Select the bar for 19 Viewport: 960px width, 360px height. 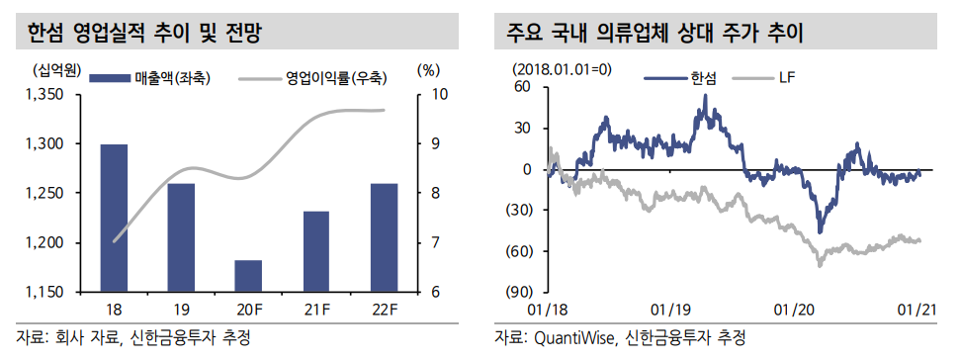[x=182, y=237]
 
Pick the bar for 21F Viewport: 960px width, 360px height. [x=315, y=251]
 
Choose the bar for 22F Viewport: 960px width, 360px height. [x=383, y=237]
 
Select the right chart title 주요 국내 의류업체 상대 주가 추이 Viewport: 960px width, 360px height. [x=654, y=34]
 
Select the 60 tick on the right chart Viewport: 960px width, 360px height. [x=523, y=87]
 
